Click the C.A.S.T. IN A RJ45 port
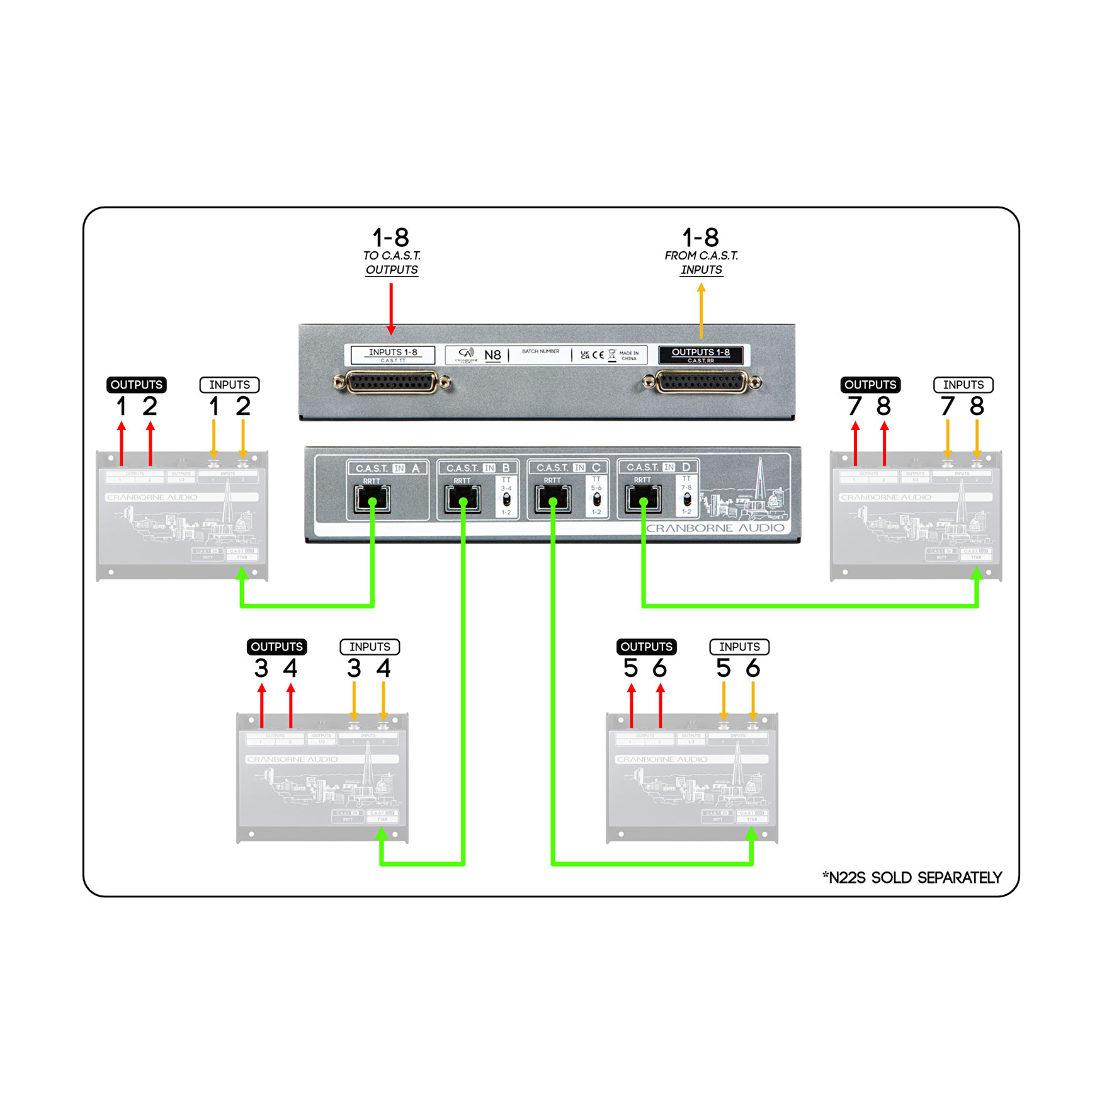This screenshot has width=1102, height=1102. pyautogui.click(x=372, y=499)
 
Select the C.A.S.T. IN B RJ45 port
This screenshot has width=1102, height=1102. pyautogui.click(x=462, y=499)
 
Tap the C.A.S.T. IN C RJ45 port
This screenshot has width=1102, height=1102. pyautogui.click(x=552, y=499)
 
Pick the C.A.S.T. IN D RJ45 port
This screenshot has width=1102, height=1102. pyautogui.click(x=643, y=499)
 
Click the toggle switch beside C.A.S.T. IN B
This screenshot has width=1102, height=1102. pyautogui.click(x=506, y=500)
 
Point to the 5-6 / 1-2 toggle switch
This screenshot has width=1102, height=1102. pyautogui.click(x=596, y=499)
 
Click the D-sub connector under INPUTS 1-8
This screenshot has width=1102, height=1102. pyautogui.click(x=392, y=382)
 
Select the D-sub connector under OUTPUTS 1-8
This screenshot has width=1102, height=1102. pyautogui.click(x=702, y=382)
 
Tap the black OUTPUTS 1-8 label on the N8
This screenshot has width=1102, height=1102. pyautogui.click(x=700, y=355)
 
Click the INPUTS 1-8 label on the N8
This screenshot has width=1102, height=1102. pyautogui.click(x=393, y=355)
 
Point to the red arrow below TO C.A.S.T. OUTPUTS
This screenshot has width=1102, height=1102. pyautogui.click(x=391, y=309)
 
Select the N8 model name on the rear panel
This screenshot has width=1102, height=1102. pyautogui.click(x=492, y=355)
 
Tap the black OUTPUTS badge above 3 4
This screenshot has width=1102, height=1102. pyautogui.click(x=276, y=647)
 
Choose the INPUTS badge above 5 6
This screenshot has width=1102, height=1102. pyautogui.click(x=739, y=647)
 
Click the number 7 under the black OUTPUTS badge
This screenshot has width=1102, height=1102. pyautogui.click(x=855, y=406)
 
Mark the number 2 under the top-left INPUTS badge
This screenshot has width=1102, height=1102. pyautogui.click(x=243, y=406)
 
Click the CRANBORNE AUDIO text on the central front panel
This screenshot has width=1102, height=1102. pyautogui.click(x=715, y=528)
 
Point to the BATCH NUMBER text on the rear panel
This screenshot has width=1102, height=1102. pyautogui.click(x=540, y=351)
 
